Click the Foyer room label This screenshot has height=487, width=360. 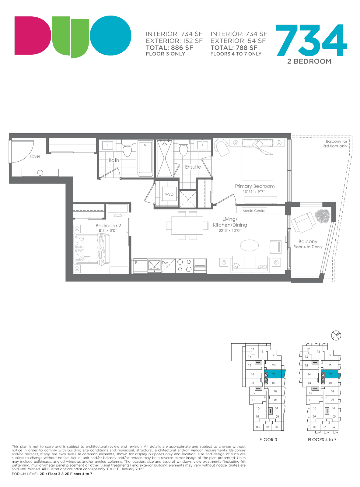pos(35,156)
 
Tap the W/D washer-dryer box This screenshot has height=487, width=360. pos(169,194)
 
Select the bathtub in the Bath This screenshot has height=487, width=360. pos(145,159)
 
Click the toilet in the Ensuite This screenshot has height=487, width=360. pos(183,149)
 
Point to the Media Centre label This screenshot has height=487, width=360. pos(254,211)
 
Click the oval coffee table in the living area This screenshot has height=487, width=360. pos(249,245)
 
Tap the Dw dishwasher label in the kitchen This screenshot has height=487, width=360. pos(165,263)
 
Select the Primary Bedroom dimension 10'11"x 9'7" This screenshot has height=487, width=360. pos(254,192)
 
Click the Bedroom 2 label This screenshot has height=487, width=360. pos(108,226)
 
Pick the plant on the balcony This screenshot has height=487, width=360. pos(322,216)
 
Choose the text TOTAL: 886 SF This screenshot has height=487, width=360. pos(170,48)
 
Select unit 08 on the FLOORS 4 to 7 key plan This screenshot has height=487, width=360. pos(315,427)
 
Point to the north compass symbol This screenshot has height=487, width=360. pos(336,335)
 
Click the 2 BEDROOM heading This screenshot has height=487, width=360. pos(309,61)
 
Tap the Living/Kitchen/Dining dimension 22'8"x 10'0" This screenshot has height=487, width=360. pos(230,230)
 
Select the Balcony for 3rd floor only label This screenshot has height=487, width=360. pos(335,144)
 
